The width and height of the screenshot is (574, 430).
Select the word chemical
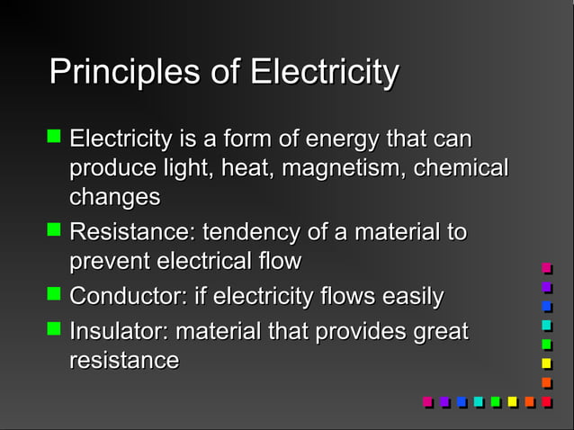click(461, 168)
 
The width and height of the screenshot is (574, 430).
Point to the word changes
click(115, 197)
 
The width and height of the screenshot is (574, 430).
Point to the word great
click(441, 331)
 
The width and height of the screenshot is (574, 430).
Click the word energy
click(343, 140)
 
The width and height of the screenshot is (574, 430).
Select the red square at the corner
click(546, 401)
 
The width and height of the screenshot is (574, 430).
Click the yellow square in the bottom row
click(512, 401)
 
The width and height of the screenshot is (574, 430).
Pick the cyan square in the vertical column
click(546, 325)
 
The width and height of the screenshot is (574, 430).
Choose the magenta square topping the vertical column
click(546, 268)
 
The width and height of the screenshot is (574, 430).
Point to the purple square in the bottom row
click(444, 401)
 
